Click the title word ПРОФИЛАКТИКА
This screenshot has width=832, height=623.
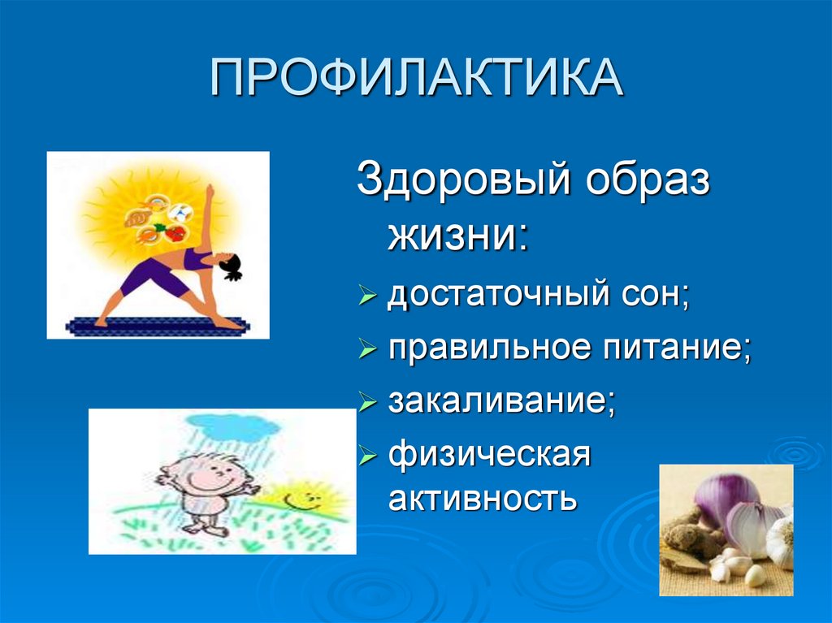click(x=417, y=77)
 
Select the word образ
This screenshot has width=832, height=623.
click(x=648, y=179)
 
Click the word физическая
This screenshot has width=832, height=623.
click(x=489, y=456)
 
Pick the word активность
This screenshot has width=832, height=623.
click(x=483, y=498)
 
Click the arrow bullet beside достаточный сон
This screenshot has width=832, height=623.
click(x=367, y=295)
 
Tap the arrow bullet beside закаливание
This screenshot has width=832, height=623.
click(x=367, y=402)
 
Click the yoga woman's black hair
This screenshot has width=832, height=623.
click(x=232, y=266)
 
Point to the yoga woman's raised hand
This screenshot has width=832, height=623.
click(x=210, y=191)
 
